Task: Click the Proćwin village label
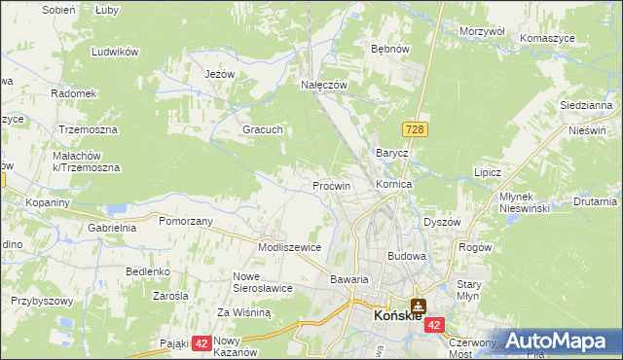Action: [x=331, y=185]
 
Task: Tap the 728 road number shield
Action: [x=415, y=129]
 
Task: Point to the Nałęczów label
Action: [x=323, y=86]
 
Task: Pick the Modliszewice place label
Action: [x=289, y=247]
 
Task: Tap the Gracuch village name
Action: [x=263, y=129]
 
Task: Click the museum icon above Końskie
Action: [x=418, y=305]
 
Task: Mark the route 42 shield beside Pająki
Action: [x=202, y=342]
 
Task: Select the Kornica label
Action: [x=394, y=184]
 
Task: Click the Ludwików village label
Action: [x=114, y=52]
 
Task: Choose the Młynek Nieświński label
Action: [x=526, y=201]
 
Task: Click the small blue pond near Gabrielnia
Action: [x=118, y=208]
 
